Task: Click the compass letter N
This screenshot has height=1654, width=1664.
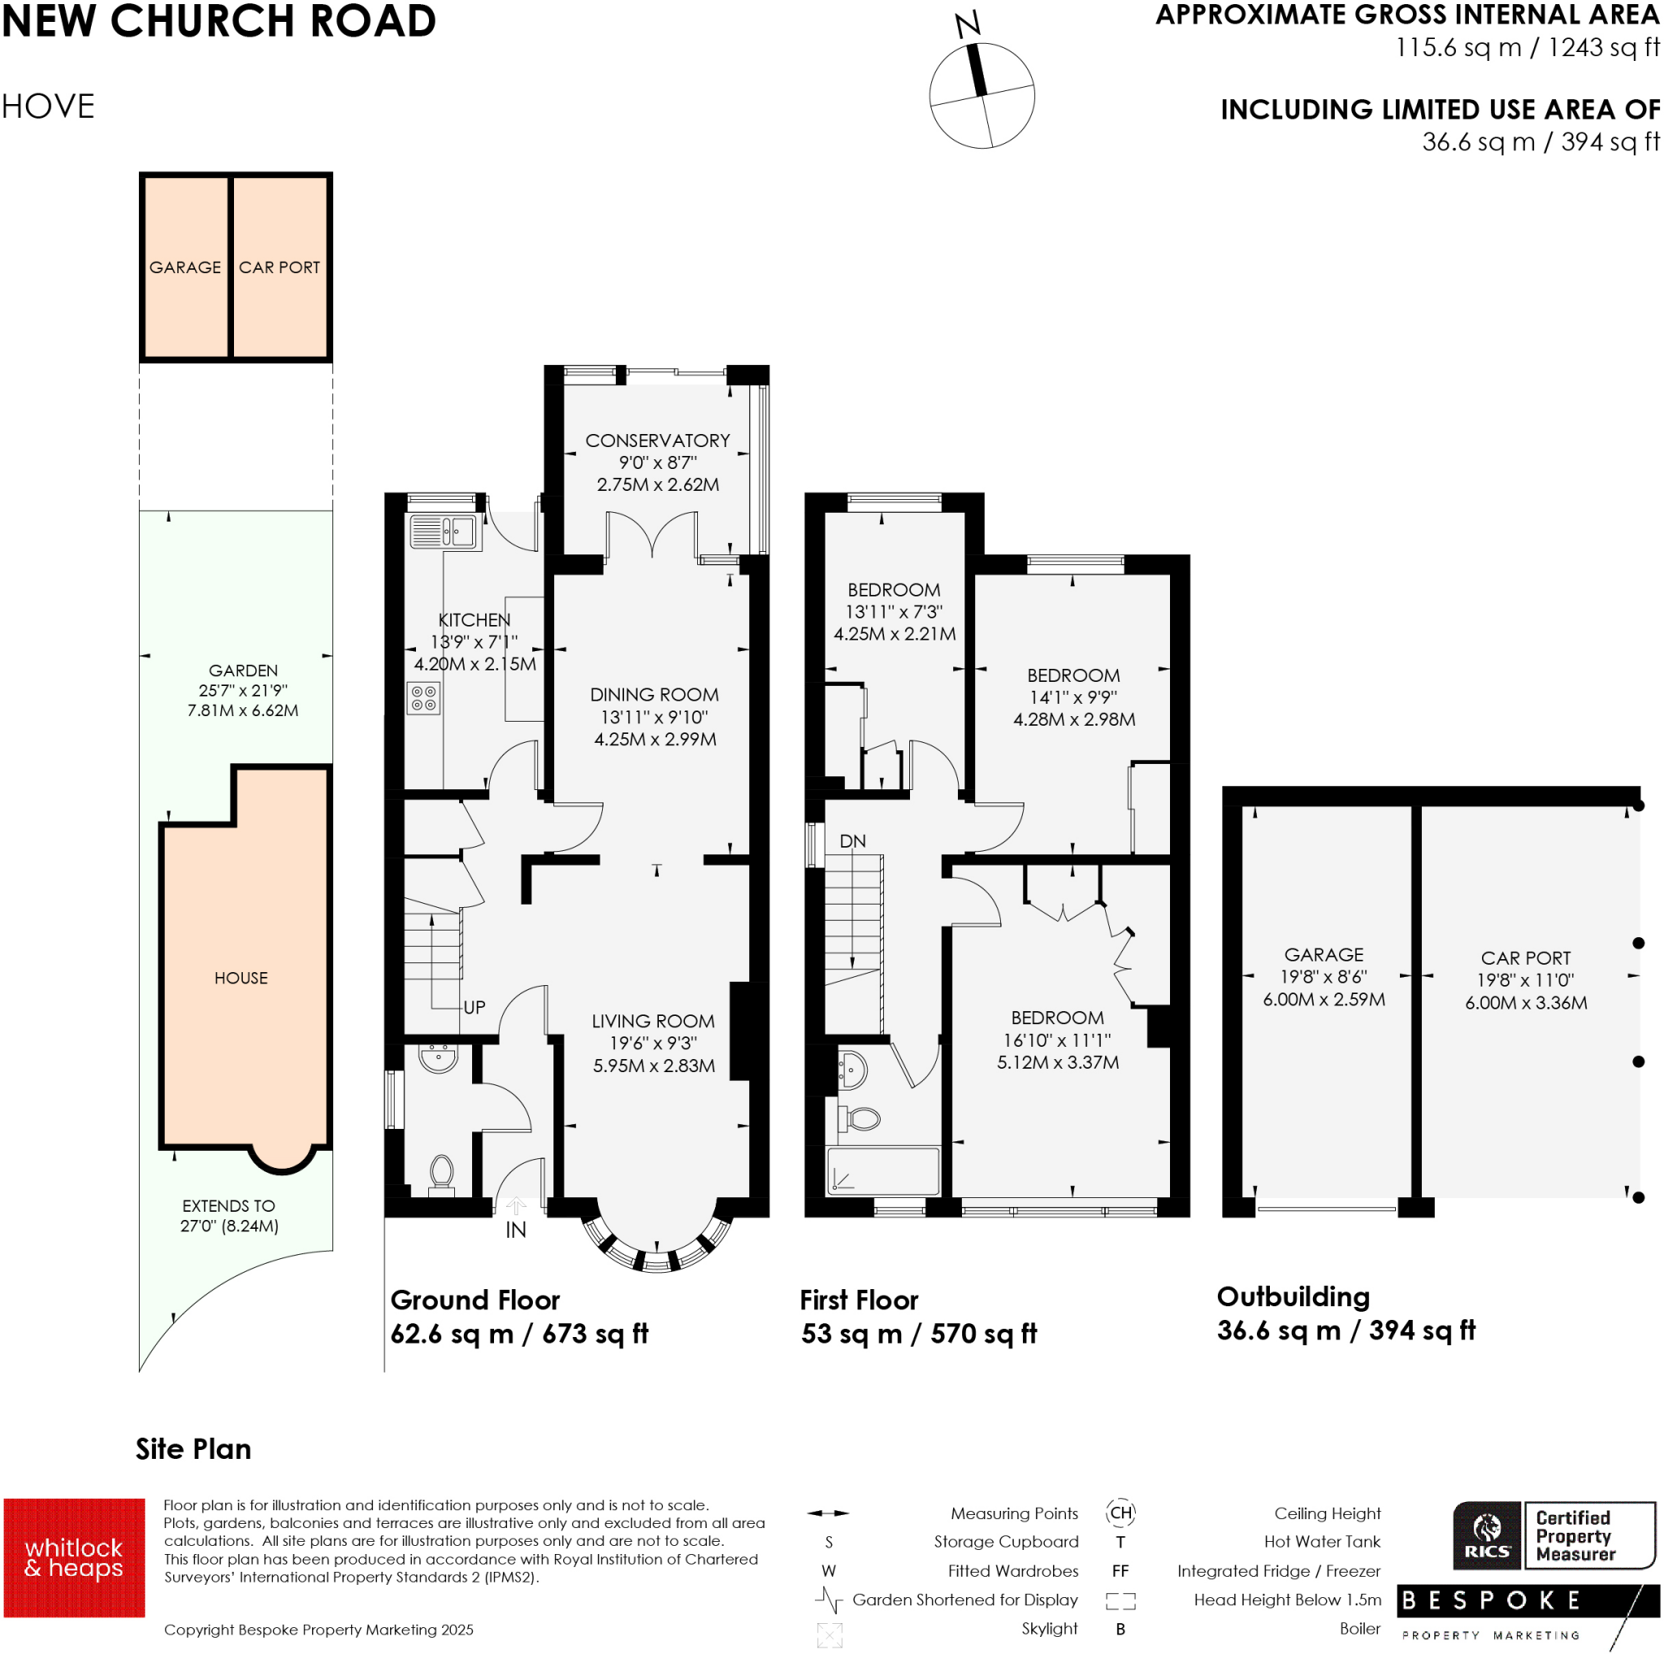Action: click(x=967, y=24)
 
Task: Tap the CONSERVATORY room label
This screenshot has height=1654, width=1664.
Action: click(x=657, y=441)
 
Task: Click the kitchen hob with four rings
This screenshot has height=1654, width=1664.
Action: click(x=422, y=699)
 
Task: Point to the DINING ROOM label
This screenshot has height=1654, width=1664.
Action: click(x=654, y=694)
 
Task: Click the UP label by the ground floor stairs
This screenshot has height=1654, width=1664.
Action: click(x=474, y=1007)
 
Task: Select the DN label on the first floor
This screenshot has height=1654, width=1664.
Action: click(x=851, y=840)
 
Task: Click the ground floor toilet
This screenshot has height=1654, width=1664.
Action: click(x=441, y=1174)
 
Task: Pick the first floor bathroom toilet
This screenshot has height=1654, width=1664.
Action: click(x=860, y=1119)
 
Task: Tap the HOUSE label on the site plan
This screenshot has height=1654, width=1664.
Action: click(x=241, y=978)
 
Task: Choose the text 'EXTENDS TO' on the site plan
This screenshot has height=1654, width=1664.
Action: click(x=228, y=1206)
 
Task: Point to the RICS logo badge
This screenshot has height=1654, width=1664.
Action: click(x=1487, y=1537)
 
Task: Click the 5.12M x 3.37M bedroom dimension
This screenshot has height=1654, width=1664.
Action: click(x=1058, y=1062)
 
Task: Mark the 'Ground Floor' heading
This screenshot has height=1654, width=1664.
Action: click(x=474, y=1299)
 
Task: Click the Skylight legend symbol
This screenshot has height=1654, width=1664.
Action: click(x=829, y=1634)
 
